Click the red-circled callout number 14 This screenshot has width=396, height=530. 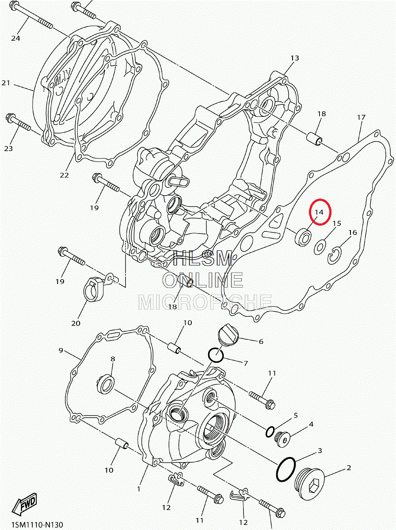tap(319, 212)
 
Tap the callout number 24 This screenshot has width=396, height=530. tap(15, 38)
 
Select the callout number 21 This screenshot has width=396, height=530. tap(6, 83)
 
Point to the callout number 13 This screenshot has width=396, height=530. tap(295, 58)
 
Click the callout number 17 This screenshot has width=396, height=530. tap(361, 117)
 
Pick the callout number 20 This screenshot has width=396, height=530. tap(76, 323)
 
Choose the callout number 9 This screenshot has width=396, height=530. tap(61, 350)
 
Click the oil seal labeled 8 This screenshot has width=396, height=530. tap(106, 384)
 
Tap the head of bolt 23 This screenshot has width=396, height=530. tap(11, 118)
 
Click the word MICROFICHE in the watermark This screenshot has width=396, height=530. tap(205, 302)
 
